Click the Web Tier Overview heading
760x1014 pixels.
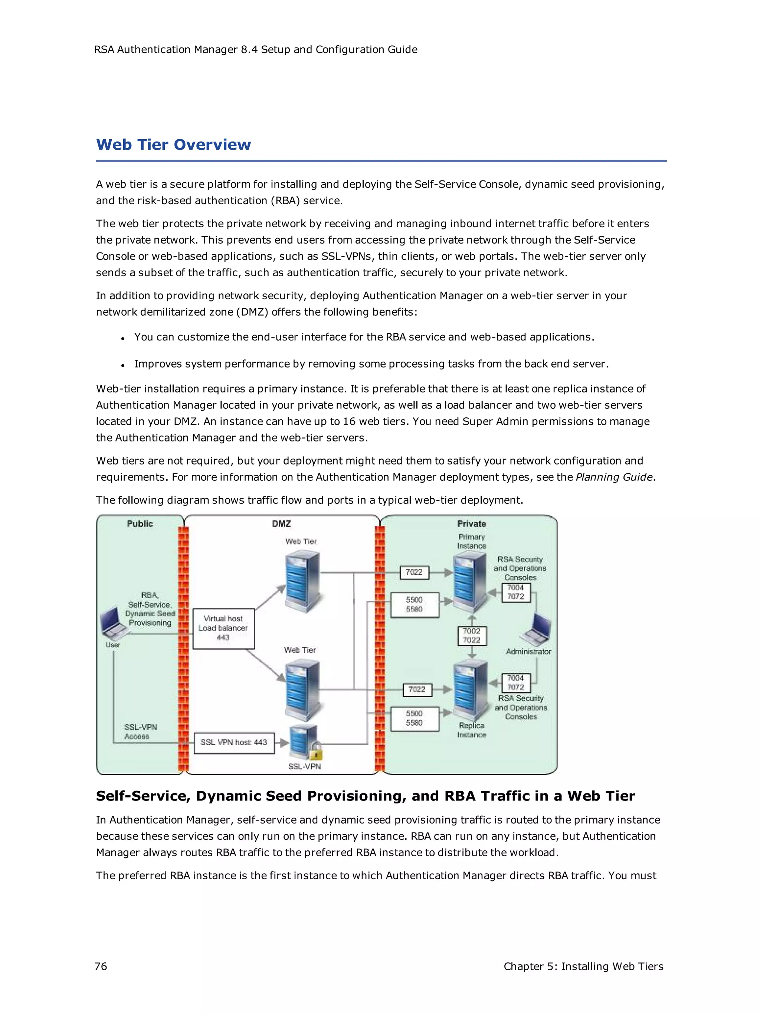tap(173, 145)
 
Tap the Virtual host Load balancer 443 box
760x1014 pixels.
tap(223, 628)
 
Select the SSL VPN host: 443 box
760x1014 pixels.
tap(234, 742)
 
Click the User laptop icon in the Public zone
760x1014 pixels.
tap(115, 624)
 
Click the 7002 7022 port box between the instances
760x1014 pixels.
tap(471, 635)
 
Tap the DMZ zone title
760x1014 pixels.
tap(281, 524)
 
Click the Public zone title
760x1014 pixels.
tap(140, 524)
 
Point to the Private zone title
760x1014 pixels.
tap(471, 524)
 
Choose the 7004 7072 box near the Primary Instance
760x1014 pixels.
tap(515, 592)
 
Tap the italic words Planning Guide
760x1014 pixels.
tap(614, 477)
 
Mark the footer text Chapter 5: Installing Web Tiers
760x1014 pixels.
tap(583, 966)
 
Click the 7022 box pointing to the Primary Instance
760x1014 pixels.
tap(414, 572)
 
